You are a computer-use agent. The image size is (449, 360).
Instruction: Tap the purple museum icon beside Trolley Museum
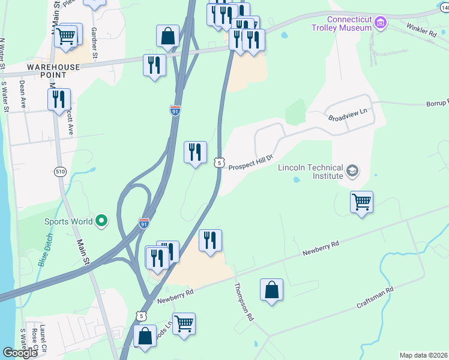(x=379, y=23)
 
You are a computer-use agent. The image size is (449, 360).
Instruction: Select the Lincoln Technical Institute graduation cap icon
(x=352, y=172)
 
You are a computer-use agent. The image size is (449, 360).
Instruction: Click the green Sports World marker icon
(x=101, y=221)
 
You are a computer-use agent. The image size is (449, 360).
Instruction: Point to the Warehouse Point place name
(x=53, y=71)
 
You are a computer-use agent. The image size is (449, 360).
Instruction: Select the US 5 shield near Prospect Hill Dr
(x=220, y=162)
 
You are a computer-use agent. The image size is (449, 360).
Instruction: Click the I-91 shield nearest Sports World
(x=144, y=223)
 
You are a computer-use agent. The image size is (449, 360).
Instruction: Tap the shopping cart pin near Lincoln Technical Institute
(x=361, y=202)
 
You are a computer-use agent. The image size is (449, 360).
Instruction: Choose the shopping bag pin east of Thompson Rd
(x=272, y=290)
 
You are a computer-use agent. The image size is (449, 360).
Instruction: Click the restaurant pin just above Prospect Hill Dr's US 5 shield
(x=195, y=153)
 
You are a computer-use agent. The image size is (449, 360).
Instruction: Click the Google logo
(x=20, y=353)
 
